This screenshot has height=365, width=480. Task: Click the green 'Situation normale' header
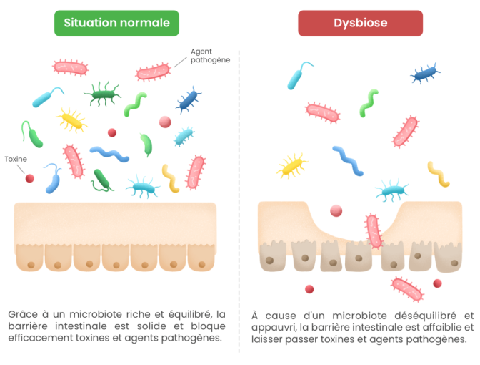coord(116,23)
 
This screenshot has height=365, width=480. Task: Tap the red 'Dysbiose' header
coord(360,23)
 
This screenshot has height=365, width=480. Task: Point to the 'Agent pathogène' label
coord(210,56)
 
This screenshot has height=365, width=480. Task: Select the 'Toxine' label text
coord(16,159)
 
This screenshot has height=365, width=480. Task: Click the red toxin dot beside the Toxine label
coord(29,178)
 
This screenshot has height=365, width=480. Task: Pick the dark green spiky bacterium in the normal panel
coord(102,93)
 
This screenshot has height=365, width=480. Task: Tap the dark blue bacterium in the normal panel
coord(188,99)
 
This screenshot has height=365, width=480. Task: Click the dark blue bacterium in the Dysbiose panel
coord(425,72)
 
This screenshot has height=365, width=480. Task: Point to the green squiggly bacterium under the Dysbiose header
coord(369,102)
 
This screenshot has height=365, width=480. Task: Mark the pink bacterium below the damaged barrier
coord(406,288)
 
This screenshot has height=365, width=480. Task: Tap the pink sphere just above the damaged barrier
coord(336,210)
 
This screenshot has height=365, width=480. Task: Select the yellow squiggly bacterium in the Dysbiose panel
coord(439,174)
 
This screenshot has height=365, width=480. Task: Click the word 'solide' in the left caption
coord(151,326)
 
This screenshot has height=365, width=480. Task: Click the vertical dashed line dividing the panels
coord(239,200)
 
